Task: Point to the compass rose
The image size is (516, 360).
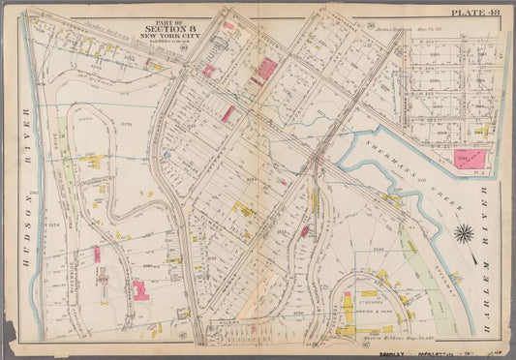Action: coord(464,232)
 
